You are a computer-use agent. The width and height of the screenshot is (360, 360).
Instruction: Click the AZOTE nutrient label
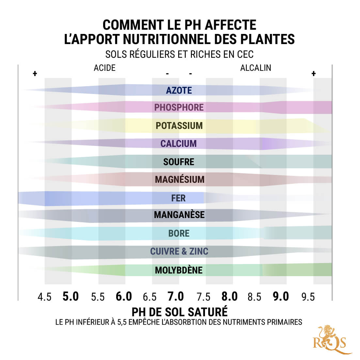coord(179,90)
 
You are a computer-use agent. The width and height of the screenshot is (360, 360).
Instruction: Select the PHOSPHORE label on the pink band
coord(179,107)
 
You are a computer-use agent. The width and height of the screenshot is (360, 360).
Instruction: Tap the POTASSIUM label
coord(179,126)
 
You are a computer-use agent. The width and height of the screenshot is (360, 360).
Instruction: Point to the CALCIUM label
coord(179,144)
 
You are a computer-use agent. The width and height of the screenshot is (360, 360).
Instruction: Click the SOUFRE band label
coord(179,162)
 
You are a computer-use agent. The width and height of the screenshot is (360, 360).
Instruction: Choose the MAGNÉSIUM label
coord(180,180)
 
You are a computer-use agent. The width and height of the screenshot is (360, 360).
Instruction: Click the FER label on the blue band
coord(178,198)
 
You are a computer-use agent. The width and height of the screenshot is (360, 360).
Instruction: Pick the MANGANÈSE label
coord(179,215)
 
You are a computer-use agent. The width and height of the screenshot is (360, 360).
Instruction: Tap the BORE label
coord(179,233)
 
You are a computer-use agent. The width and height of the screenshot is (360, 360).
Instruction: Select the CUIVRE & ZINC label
coord(179,251)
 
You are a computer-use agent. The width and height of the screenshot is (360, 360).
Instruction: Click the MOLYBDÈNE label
coord(179,270)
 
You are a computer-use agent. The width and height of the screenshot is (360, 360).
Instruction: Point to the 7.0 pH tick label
coord(176,296)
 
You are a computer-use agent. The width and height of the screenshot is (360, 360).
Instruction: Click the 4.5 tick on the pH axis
coord(44,297)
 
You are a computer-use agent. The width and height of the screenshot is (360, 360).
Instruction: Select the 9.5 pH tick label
coord(308,297)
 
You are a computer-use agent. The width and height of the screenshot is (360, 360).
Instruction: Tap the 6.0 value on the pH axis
coord(124,296)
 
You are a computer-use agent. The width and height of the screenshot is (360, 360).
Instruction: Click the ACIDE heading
coord(104,68)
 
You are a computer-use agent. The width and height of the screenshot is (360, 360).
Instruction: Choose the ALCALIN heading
coord(256,68)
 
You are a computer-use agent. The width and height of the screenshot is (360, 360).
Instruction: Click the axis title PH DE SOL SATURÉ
coord(180,312)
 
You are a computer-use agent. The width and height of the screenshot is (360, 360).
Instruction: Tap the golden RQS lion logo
coord(330,339)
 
